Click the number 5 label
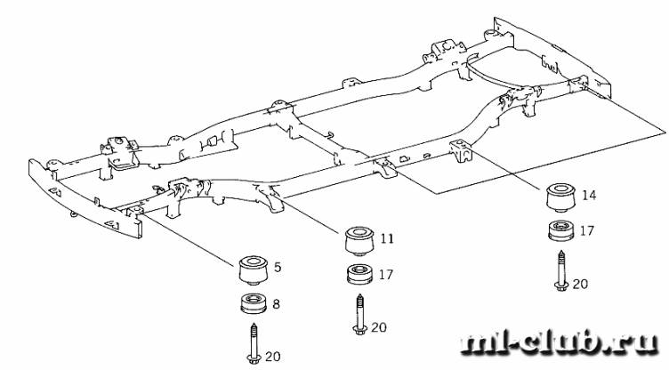278,265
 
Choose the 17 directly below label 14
587,229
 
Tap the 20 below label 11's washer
379,326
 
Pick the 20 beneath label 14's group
580,285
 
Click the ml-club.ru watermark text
560,345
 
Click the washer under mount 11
358,274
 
